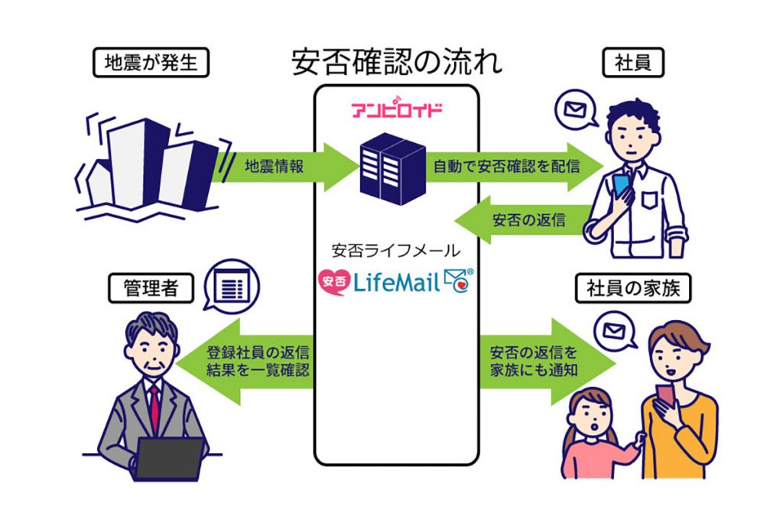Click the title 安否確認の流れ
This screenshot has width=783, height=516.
click(x=397, y=63)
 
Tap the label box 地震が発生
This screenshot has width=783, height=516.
click(x=150, y=63)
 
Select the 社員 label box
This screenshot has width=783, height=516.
click(x=632, y=63)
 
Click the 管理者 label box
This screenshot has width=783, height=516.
click(x=150, y=288)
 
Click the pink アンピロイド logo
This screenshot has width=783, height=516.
click(x=396, y=109)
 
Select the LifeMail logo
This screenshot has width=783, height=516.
click(x=395, y=282)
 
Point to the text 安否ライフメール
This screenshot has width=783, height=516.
click(x=395, y=250)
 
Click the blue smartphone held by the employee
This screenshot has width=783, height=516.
click(x=621, y=185)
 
